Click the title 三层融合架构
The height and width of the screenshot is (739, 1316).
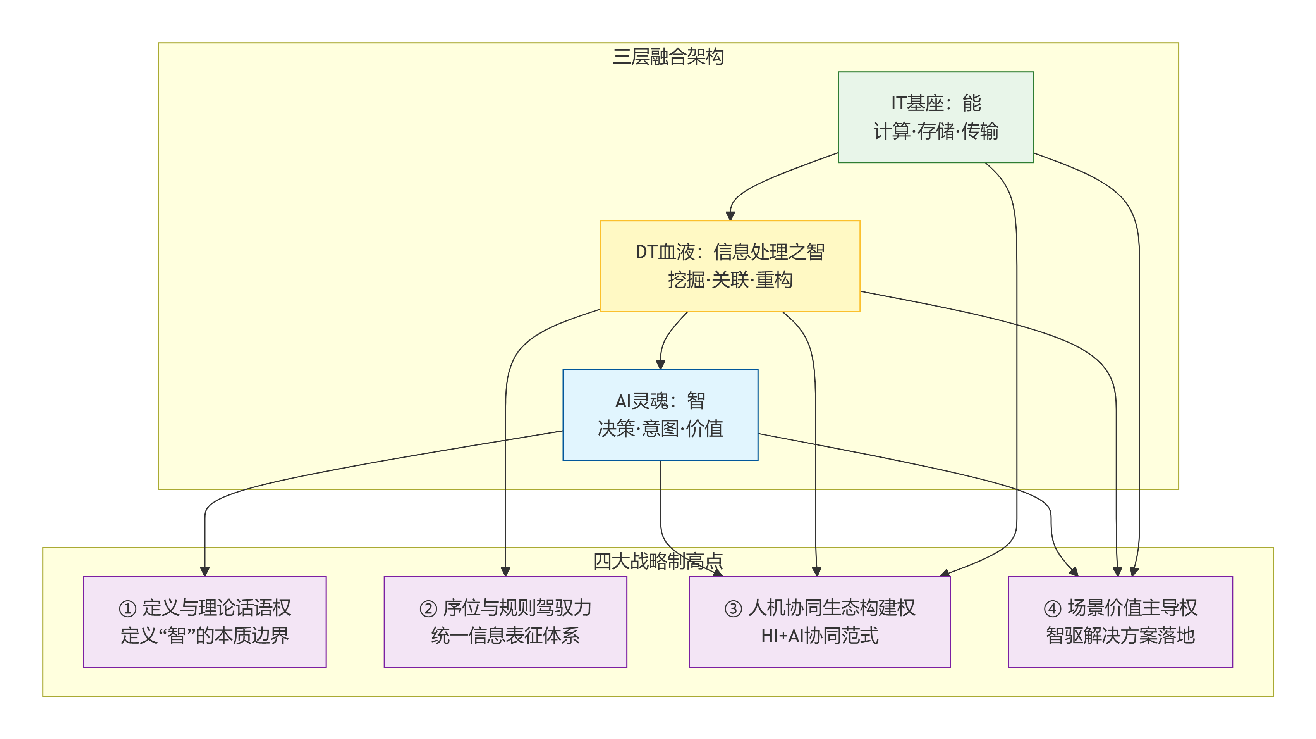point(668,57)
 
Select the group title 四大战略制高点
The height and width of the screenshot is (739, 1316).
point(658,561)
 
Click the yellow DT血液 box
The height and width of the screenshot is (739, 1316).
point(730,266)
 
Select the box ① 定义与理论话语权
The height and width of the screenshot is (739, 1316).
point(204,622)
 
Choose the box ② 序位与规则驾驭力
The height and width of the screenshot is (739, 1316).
point(505,622)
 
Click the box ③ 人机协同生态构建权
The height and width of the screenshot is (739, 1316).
point(819,622)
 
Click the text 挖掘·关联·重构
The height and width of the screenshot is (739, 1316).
point(730,280)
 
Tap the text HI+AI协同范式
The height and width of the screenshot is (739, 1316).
point(819,636)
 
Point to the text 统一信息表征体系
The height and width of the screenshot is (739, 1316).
point(505,636)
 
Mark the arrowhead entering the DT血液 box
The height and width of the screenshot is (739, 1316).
point(730,216)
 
